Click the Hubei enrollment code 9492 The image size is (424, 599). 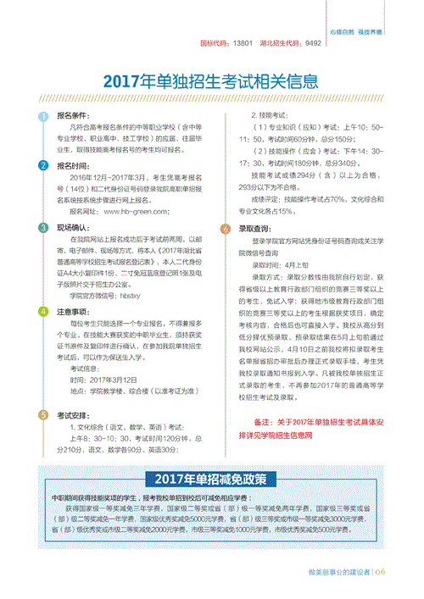[313, 42]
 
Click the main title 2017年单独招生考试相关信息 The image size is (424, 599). [211, 82]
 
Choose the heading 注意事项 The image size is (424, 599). [73, 312]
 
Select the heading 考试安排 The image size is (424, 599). [73, 416]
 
